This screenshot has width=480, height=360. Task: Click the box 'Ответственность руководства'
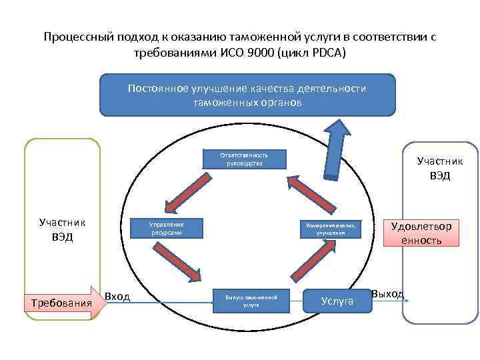click(x=245, y=159)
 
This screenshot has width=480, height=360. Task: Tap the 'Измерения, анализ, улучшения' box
click(x=331, y=229)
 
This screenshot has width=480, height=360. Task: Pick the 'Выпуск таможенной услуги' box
click(x=251, y=299)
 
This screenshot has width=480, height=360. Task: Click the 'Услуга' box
click(x=337, y=301)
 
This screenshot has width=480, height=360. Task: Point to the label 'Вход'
click(x=117, y=296)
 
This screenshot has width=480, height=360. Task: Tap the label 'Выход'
click(x=387, y=293)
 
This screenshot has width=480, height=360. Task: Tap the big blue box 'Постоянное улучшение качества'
click(x=247, y=95)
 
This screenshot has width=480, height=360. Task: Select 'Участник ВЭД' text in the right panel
click(x=439, y=169)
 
